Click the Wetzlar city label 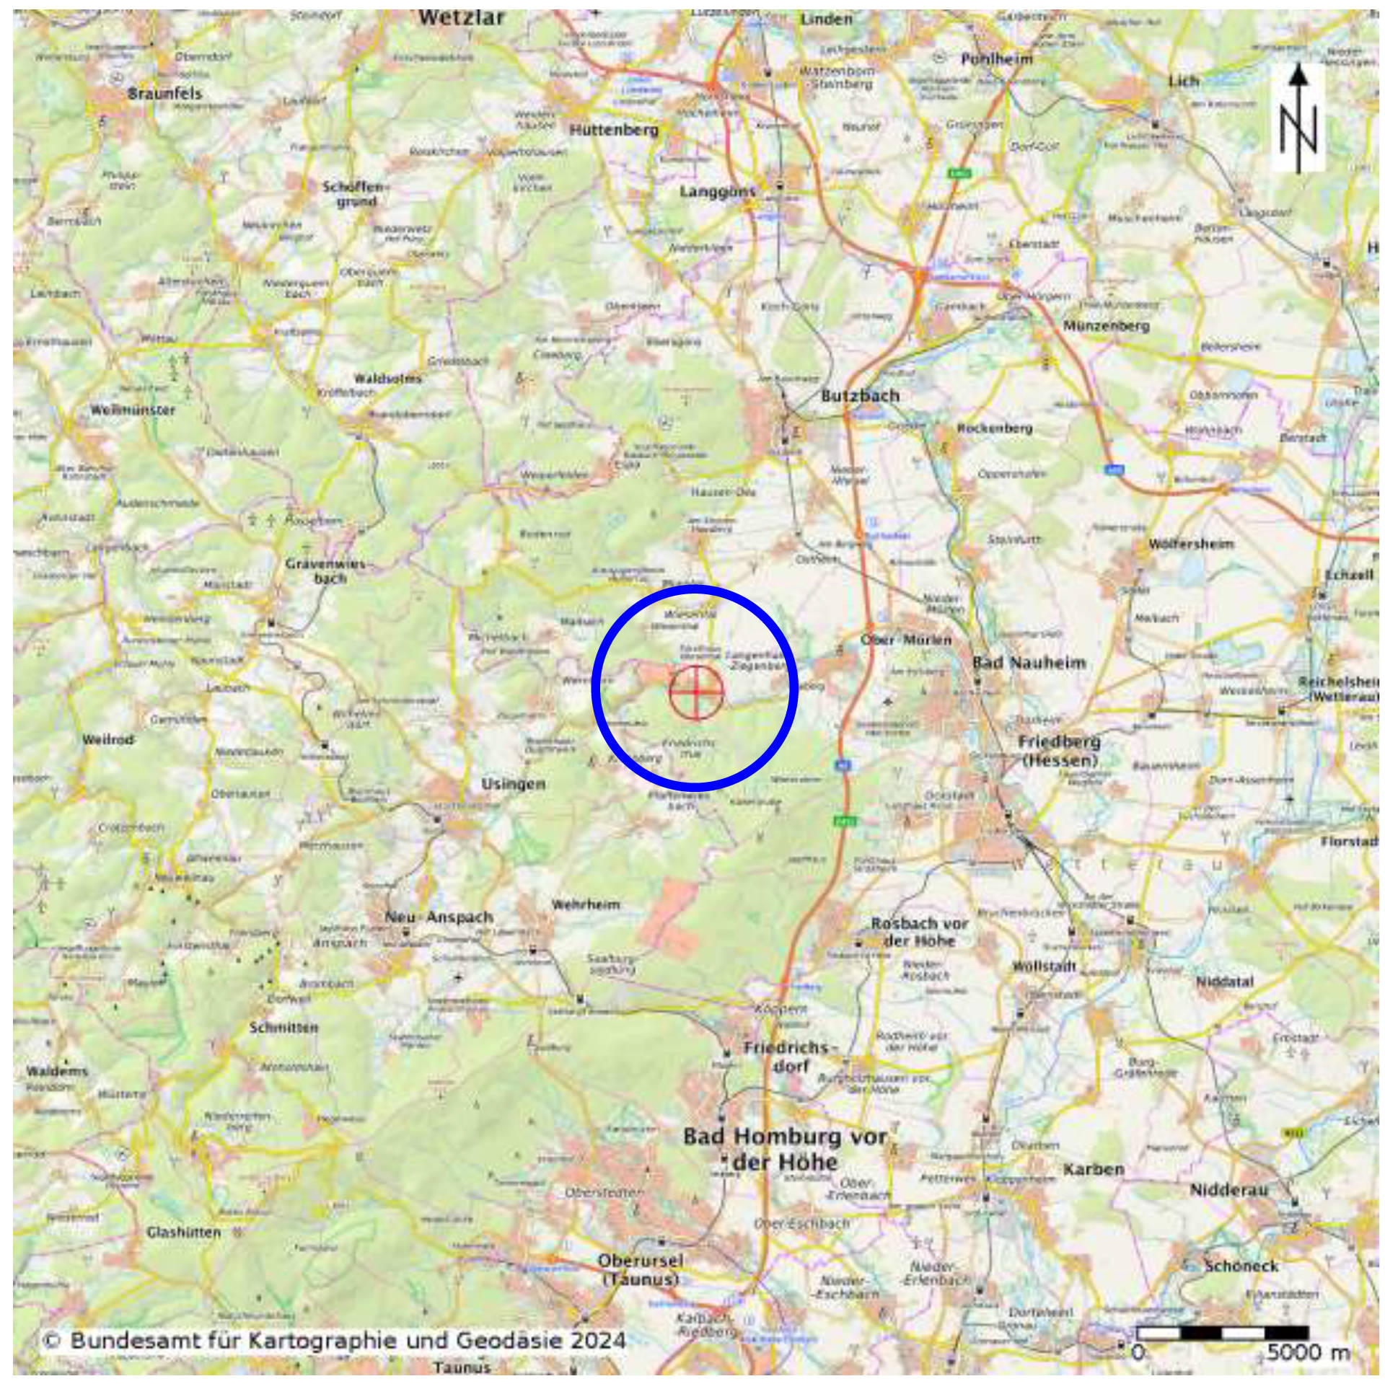(461, 17)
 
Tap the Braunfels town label (165, 93)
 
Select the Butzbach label (861, 395)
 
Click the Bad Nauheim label (1029, 662)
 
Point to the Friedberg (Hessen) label (1059, 750)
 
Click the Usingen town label (513, 784)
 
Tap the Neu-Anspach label (439, 917)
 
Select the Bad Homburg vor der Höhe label (785, 1150)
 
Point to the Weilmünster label (133, 410)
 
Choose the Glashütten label (184, 1233)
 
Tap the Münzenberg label (1106, 326)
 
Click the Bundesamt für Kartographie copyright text (333, 1341)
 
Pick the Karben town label (1094, 1169)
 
